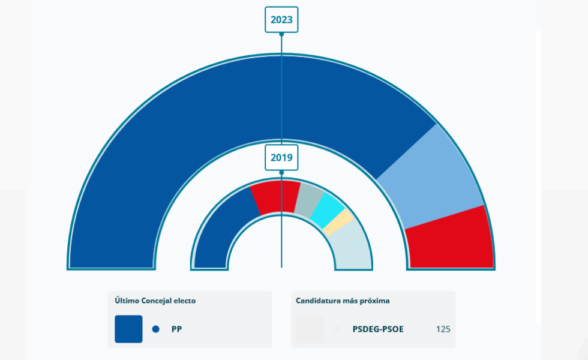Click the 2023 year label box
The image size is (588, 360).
tap(281, 20)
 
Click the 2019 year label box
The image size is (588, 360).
tap(281, 158)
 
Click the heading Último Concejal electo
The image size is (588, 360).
tap(155, 301)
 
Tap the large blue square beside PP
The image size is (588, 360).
tap(128, 329)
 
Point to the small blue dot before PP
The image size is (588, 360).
tap(156, 329)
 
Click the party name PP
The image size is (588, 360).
tap(176, 329)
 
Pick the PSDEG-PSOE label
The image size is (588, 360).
tap(378, 329)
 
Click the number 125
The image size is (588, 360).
tap(443, 329)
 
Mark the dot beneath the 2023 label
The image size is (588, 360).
tap(281, 34)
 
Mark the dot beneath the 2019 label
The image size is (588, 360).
tap(281, 172)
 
